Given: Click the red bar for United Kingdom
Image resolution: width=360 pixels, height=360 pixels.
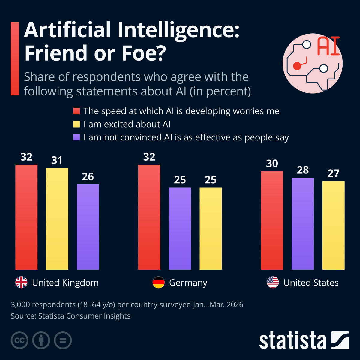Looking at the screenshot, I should point(26,217).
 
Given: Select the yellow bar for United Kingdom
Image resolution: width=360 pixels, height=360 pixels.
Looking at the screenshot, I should point(57,219).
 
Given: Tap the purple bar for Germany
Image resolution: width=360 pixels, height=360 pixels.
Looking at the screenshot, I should point(180,228).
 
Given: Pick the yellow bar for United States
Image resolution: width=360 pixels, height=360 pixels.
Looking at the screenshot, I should point(333,225).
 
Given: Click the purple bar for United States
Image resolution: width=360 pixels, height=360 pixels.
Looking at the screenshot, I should point(303,223).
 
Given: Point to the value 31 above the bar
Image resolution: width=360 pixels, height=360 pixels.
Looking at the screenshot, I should point(57,160).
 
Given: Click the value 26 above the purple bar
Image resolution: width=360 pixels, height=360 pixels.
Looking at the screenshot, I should point(88,177).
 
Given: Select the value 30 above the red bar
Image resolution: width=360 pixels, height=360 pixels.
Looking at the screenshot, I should point(272,163).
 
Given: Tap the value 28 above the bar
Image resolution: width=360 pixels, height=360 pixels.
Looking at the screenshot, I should point(303,170).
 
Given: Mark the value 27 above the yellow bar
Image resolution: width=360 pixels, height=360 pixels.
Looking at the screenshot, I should point(333,173).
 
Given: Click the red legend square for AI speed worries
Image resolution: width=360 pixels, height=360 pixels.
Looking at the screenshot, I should point(76,111).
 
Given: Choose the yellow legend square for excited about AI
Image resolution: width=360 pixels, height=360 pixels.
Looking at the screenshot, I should point(76,124).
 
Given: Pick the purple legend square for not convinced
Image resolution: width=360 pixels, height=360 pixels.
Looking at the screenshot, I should point(76,137).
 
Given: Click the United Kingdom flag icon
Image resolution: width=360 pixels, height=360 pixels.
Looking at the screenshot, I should point(21,282).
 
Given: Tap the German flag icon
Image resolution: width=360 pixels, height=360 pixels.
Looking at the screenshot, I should point(159,282).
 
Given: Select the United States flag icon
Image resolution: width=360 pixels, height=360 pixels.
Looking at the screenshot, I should point(273,282).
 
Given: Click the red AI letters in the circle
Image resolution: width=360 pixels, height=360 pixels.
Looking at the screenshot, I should point(328,46).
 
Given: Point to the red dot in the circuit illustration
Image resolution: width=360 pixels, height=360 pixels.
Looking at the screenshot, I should point(297,66).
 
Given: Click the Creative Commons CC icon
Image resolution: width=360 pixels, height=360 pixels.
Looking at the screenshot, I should point(19,340).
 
